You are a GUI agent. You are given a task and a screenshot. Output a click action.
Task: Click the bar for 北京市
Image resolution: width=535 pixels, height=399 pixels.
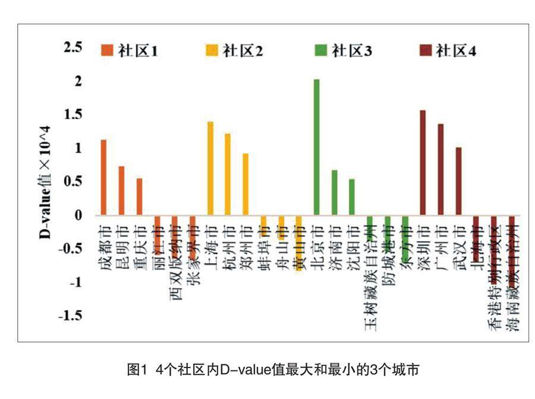coord(316,147)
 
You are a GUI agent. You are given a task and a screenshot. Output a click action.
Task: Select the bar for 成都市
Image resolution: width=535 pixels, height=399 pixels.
coord(104,177)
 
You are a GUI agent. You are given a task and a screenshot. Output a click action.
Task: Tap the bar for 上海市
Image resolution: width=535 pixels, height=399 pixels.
coord(210,168)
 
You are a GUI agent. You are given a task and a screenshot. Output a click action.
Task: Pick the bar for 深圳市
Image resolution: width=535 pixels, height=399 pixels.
coord(423,163)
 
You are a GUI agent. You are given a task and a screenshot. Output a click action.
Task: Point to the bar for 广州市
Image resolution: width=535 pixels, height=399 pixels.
coord(440,169)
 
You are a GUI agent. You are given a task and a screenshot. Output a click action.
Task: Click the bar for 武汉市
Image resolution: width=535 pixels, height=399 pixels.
coord(458,181)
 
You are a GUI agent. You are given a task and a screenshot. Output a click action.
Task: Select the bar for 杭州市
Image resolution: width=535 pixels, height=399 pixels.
coord(228,174)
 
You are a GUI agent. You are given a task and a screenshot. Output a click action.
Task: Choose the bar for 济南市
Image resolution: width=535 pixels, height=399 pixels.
coord(334,192)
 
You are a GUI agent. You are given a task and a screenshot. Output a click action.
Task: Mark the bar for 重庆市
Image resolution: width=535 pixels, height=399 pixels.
coord(139,197)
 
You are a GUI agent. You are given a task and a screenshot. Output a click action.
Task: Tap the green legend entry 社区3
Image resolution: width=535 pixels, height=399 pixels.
coord(344,51)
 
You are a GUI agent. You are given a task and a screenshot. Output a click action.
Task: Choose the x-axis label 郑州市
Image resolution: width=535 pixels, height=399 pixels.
coord(246,247)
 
